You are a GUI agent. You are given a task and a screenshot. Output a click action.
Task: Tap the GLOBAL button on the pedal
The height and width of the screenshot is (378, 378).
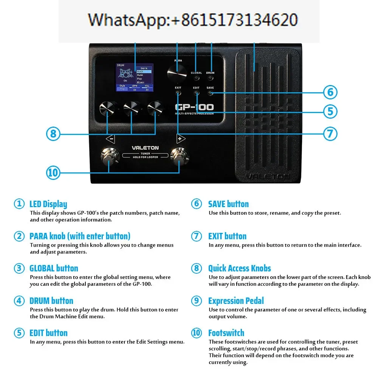point(196,78)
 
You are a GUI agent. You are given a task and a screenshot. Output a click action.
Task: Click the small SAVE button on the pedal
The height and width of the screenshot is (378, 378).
point(211,93)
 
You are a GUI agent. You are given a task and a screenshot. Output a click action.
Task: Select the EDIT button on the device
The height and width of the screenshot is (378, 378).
point(196,93)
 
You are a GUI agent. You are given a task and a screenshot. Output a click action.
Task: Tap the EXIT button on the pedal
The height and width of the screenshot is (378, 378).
point(178,93)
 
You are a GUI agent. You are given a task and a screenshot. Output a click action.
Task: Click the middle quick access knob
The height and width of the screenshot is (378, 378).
point(131,108)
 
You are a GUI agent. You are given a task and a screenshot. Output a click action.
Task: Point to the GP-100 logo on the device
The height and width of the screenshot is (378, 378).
point(194,107)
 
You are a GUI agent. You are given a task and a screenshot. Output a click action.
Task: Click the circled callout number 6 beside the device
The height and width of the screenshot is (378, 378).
point(330,92)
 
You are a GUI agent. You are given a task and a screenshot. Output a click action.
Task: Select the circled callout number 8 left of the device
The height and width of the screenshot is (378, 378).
point(53,133)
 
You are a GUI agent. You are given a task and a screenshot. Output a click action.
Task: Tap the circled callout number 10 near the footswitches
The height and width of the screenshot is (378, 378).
point(53,173)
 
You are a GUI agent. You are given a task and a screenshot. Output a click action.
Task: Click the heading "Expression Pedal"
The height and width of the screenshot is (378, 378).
point(236,301)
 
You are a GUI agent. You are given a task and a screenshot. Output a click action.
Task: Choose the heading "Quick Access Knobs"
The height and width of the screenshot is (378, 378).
point(239,268)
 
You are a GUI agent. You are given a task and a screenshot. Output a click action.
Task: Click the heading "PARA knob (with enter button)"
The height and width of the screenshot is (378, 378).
point(80,236)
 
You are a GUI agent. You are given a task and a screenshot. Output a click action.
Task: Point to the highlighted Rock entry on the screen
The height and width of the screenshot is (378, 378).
point(144,71)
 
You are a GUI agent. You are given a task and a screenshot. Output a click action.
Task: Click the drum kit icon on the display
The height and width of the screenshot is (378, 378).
point(126,73)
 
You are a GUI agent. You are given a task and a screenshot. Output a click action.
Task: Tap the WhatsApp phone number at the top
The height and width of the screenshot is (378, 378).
point(193,20)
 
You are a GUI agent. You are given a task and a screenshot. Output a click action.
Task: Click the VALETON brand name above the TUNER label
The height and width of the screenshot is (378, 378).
point(145,148)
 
